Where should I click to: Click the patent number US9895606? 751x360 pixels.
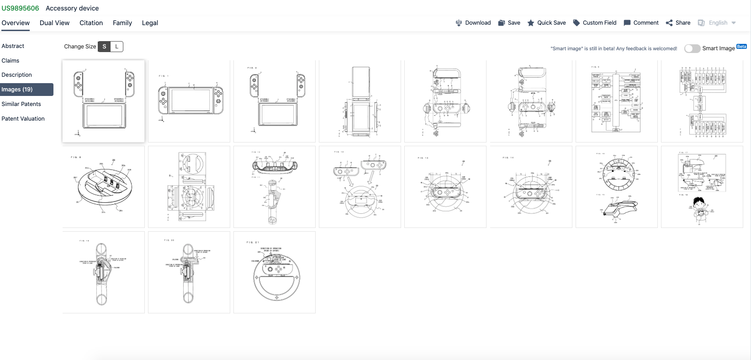point(20,8)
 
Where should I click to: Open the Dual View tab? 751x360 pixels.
point(54,23)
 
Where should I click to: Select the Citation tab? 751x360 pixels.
point(91,23)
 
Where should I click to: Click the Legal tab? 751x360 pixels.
point(150,23)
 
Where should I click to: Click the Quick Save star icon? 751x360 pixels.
point(531,23)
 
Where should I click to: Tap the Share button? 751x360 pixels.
point(678,23)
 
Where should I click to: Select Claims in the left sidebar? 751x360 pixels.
point(11,61)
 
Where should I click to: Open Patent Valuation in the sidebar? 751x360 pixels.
point(23,119)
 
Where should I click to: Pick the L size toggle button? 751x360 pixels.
point(117,47)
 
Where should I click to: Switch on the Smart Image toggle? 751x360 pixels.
point(692,48)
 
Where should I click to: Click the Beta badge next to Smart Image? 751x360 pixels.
point(741,47)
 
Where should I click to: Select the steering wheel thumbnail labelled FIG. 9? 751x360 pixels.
point(104,187)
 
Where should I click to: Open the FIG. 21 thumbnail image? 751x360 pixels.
point(275,272)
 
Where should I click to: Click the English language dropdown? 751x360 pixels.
point(718,23)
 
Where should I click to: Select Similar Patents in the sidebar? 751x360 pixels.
point(21,104)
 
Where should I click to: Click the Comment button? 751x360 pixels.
point(641,23)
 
